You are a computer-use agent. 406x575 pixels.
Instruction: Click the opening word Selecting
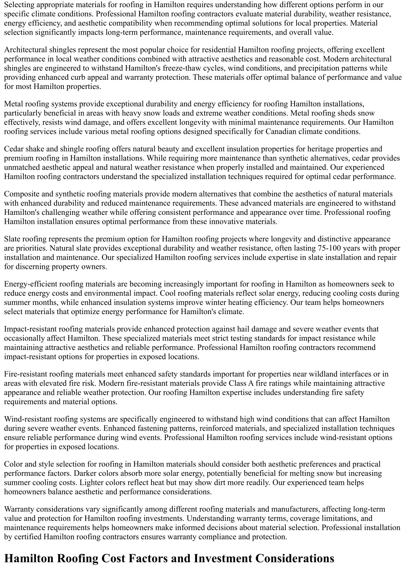[x=19, y=5]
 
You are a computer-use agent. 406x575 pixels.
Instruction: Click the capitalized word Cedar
[x=13, y=149]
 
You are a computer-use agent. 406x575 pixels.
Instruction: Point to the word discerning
[x=33, y=266]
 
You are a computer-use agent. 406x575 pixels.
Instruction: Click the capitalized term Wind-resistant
[x=28, y=419]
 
